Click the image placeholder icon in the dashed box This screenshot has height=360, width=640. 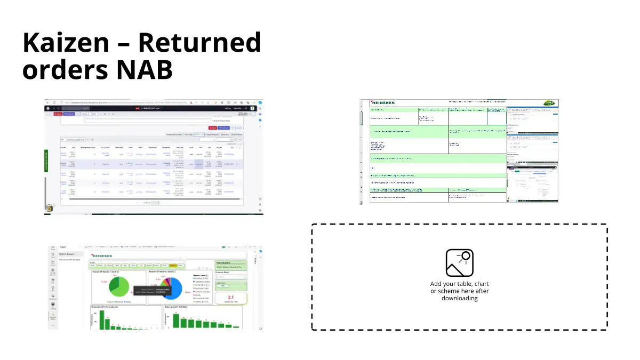pyautogui.click(x=459, y=263)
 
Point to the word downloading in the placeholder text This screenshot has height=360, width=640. pyautogui.click(x=459, y=298)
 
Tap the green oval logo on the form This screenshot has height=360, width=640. pyautogui.click(x=549, y=103)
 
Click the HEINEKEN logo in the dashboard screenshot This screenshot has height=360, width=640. pyautogui.click(x=103, y=256)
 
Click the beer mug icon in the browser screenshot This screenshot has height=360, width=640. pyautogui.click(x=50, y=208)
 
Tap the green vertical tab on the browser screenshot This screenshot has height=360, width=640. pyautogui.click(x=47, y=161)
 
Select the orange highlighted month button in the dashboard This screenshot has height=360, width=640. pyautogui.click(x=173, y=265)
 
